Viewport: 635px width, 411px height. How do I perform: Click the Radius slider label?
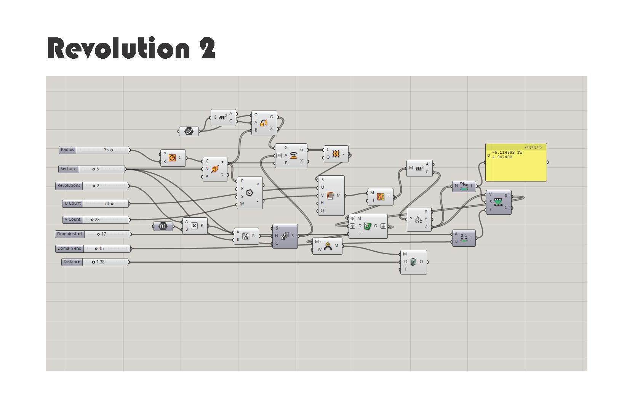click(x=67, y=150)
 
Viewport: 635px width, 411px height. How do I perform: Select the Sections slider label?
click(x=69, y=169)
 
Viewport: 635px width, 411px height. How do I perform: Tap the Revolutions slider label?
click(x=69, y=186)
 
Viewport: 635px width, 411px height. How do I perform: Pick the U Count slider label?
click(x=73, y=204)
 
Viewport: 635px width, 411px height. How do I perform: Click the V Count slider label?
click(x=72, y=220)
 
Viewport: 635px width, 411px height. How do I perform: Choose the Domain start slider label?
click(x=70, y=234)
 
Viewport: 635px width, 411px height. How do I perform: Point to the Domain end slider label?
click(x=70, y=249)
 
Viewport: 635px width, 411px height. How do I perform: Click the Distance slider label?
click(x=72, y=262)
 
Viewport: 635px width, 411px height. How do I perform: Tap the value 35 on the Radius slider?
click(x=106, y=150)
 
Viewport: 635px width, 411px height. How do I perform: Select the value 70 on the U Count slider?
click(x=107, y=204)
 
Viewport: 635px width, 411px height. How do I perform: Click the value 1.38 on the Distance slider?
click(x=100, y=262)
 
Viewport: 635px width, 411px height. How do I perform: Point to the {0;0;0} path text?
click(x=533, y=147)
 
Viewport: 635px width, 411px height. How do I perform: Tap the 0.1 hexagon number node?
click(x=163, y=226)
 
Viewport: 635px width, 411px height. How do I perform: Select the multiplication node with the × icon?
click(x=194, y=226)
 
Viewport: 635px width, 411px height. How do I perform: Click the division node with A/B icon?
click(x=246, y=236)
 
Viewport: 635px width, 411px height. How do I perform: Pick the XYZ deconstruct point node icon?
click(x=418, y=219)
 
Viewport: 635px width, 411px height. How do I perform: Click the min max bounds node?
click(x=464, y=186)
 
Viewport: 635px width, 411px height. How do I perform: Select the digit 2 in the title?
click(x=208, y=48)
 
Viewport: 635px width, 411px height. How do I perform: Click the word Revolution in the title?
click(x=118, y=48)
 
